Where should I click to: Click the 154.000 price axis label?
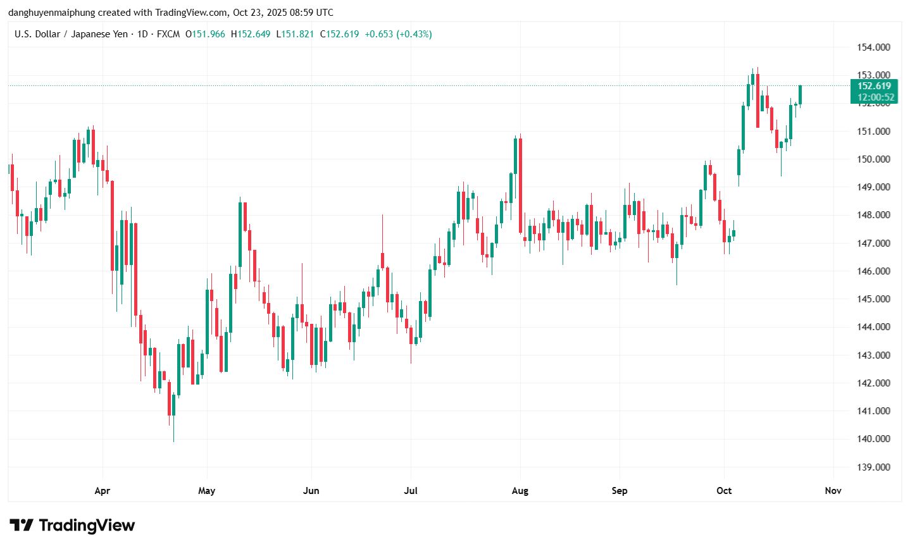click(x=873, y=47)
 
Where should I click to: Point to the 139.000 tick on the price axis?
click(x=873, y=467)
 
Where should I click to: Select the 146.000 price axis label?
click(x=873, y=271)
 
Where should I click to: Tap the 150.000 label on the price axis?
click(x=873, y=159)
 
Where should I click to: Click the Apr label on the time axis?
click(x=102, y=491)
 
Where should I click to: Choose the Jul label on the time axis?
click(x=411, y=491)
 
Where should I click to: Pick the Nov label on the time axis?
click(x=833, y=491)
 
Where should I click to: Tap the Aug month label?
click(x=520, y=491)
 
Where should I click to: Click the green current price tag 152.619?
click(x=874, y=86)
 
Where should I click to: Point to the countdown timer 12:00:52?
click(x=876, y=97)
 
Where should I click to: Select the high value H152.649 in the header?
click(x=251, y=34)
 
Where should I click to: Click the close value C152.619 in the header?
click(x=340, y=34)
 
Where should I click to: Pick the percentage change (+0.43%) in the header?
click(x=414, y=34)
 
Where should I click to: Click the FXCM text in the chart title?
click(x=168, y=34)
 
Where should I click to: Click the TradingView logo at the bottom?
click(x=72, y=525)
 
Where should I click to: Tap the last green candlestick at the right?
click(x=801, y=95)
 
